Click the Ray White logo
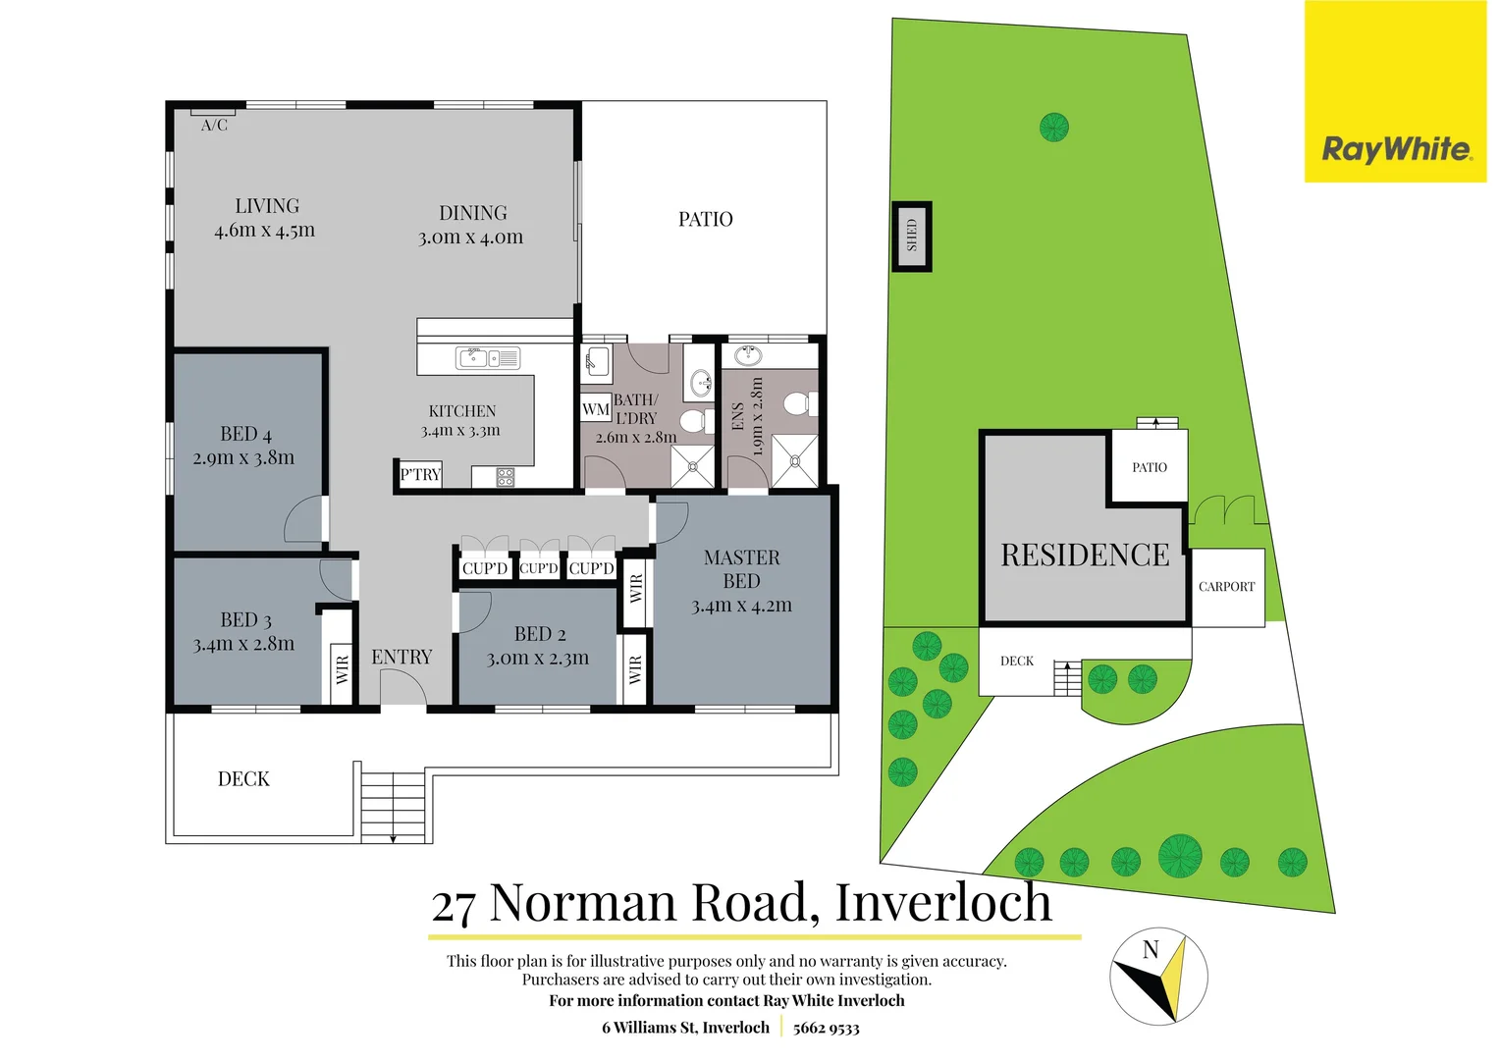[1395, 149]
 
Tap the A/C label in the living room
[214, 126]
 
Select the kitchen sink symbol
[488, 358]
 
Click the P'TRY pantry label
[420, 475]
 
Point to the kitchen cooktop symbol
[505, 478]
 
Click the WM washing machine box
[595, 409]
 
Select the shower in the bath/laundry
[692, 466]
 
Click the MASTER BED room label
[741, 569]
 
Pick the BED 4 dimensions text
[243, 458]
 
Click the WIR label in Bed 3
[342, 669]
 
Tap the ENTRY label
[402, 658]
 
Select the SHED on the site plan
[912, 236]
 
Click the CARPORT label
[1226, 587]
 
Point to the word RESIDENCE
[1085, 556]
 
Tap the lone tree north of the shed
[1053, 127]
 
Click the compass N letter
[1151, 950]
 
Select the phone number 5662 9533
[826, 1029]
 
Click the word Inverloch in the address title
[943, 902]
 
